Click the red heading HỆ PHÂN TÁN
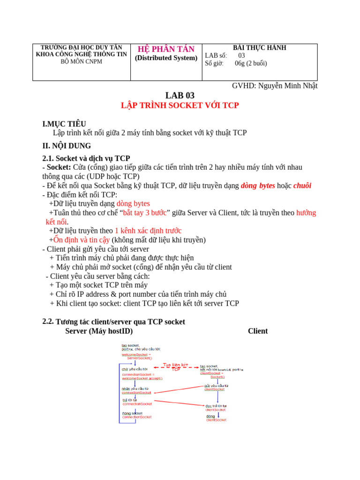point(166,49)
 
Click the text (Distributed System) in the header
point(166,58)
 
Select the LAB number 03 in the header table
point(241,55)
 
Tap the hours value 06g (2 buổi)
point(251,63)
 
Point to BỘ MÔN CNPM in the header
point(82,62)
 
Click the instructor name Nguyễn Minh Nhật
point(288,86)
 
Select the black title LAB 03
point(180,96)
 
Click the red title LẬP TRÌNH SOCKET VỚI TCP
point(180,106)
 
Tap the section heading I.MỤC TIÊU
point(64,124)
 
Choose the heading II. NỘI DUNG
point(67,146)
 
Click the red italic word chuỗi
point(302,186)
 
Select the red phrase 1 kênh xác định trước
point(148,231)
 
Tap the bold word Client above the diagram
point(257,331)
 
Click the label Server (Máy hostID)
point(99,331)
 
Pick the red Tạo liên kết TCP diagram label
point(175,367)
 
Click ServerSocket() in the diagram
point(140,358)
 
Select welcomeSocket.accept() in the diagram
point(142,378)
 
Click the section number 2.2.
point(48,321)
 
